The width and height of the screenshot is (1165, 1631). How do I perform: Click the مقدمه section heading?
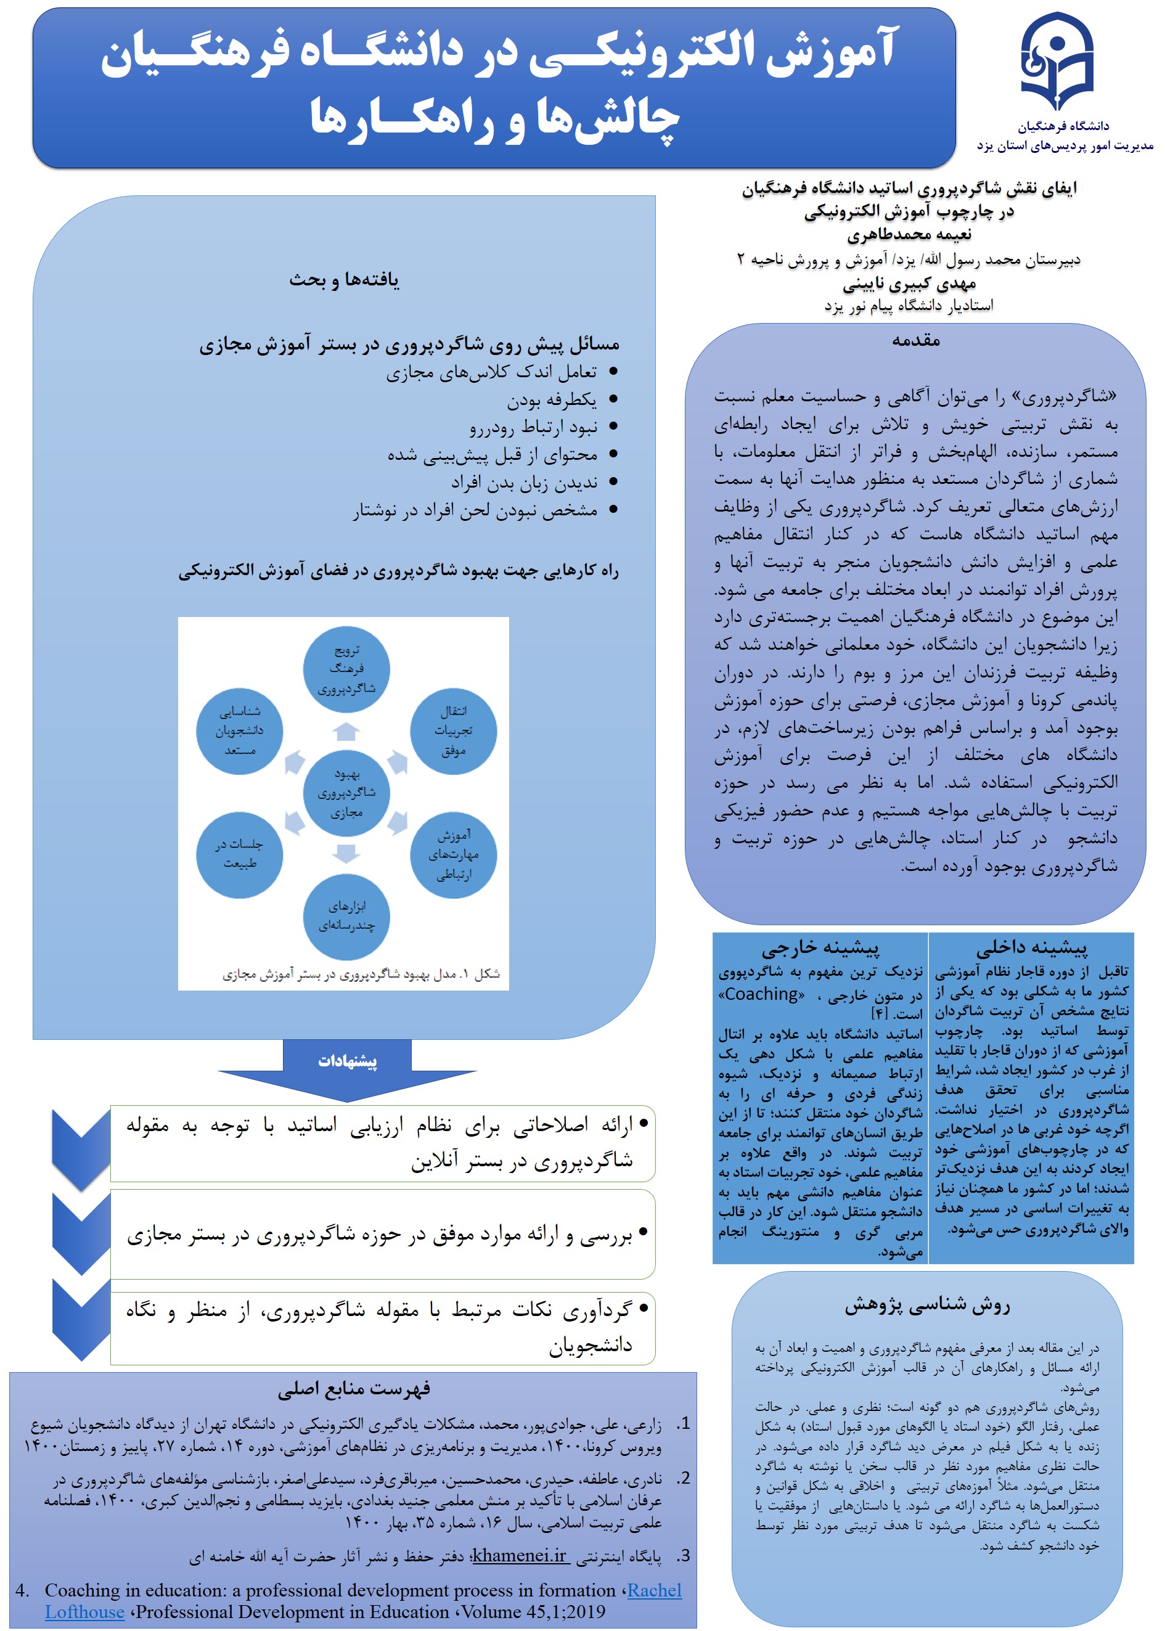point(915,341)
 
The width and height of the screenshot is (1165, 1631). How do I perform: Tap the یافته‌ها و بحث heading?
point(345,280)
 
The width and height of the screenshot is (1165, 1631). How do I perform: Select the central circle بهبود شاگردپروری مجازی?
point(346,793)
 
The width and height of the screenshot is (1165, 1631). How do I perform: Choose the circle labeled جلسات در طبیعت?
point(240,854)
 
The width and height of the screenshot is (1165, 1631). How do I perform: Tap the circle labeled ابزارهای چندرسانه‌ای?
point(346,916)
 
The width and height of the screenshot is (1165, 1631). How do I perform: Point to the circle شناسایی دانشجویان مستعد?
point(240,731)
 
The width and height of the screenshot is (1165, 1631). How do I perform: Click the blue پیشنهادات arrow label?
point(347,1061)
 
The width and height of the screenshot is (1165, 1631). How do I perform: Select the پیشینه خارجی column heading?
point(820,948)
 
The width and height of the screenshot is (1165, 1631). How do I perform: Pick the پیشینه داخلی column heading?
point(1031,948)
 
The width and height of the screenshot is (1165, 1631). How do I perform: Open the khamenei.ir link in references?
point(520,1555)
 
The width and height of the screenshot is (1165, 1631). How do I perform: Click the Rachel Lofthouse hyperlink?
point(653,1590)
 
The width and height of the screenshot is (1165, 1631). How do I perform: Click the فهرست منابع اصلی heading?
point(354,1388)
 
